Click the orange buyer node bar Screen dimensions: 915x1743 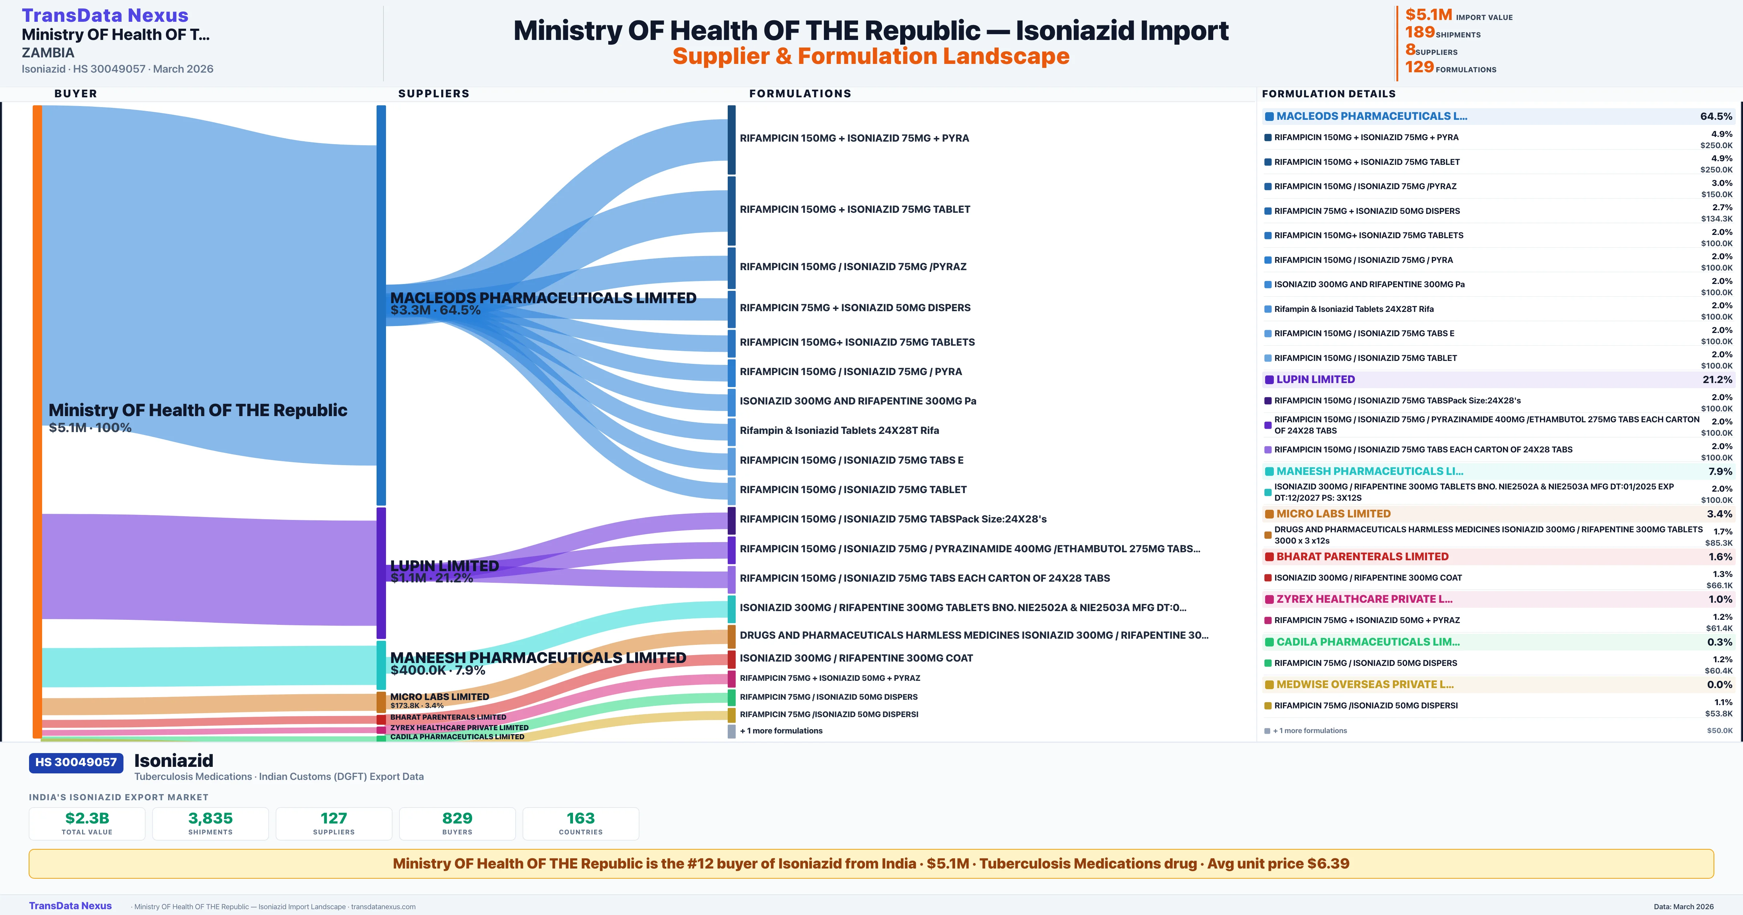37,420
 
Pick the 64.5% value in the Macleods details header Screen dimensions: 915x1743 1716,117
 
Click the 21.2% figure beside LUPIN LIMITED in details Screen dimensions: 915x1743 1717,380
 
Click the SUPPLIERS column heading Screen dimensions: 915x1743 433,93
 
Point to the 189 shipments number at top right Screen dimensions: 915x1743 1419,32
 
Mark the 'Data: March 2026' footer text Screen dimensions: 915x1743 1683,906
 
